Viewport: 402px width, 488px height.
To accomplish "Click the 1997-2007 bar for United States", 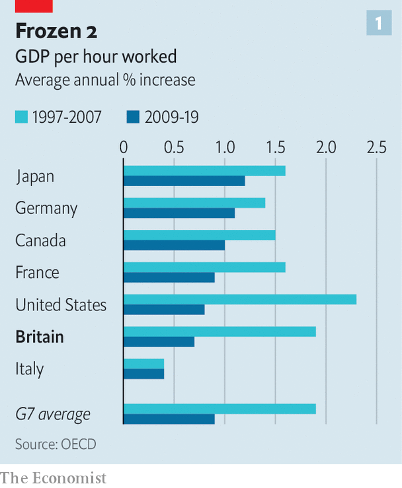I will [x=240, y=299].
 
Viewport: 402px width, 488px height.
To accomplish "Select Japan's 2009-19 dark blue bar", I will [x=184, y=181].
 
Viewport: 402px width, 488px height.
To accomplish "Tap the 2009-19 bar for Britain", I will [x=159, y=341].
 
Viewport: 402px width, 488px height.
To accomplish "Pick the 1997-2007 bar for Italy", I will [x=144, y=364].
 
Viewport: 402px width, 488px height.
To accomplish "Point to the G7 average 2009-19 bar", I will [x=169, y=419].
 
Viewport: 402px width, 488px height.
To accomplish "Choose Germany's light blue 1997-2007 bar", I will [x=194, y=203].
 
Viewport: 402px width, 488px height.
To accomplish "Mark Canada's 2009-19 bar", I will [x=175, y=246].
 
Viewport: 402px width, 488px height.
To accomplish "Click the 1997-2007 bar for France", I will [x=204, y=267].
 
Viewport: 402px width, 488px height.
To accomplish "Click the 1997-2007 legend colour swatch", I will [x=21, y=118].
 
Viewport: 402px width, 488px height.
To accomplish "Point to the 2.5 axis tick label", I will [x=376, y=147].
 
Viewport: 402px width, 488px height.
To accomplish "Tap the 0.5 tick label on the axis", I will [x=174, y=147].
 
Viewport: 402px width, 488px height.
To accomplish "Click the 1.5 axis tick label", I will [x=275, y=147].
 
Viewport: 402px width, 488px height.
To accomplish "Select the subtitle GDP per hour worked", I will [x=96, y=57].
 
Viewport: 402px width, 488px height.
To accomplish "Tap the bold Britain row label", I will [x=40, y=337].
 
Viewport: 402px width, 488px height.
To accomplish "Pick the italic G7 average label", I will [x=53, y=415].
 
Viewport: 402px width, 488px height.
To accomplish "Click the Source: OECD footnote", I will [x=56, y=444].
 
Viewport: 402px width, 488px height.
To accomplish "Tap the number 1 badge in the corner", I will [x=379, y=24].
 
